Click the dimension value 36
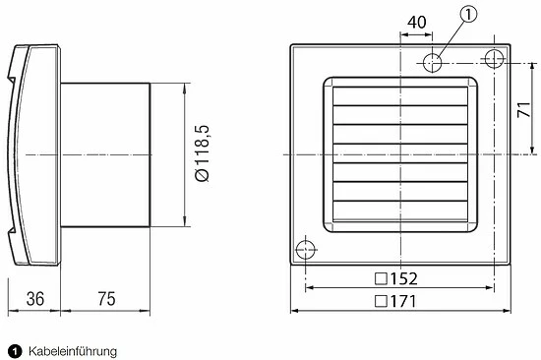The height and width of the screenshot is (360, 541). [35, 299]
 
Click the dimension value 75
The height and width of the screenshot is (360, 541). [106, 299]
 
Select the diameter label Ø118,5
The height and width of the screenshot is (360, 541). [203, 153]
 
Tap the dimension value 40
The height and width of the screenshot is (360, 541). [416, 23]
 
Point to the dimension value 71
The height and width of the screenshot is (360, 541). [523, 110]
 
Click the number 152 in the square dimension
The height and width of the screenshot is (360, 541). [403, 278]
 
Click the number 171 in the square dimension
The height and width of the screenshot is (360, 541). [403, 301]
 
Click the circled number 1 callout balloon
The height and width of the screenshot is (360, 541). [468, 15]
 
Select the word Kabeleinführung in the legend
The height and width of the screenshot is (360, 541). [73, 352]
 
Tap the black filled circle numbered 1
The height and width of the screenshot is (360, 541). [15, 352]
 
